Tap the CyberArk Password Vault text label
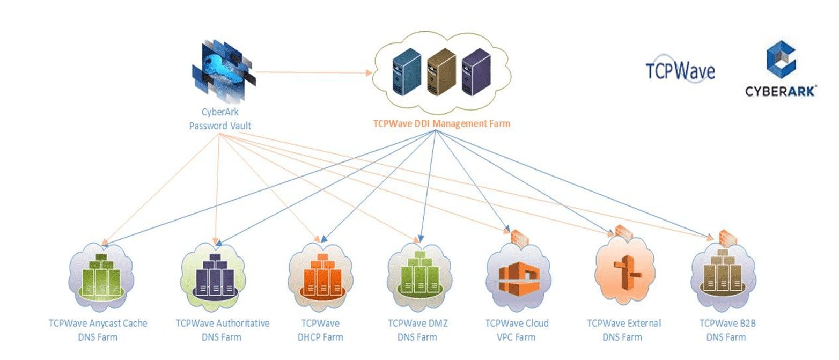pos(220,120)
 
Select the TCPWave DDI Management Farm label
pos(441,123)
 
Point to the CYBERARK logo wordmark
pos(781,92)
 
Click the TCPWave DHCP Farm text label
pos(320,330)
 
